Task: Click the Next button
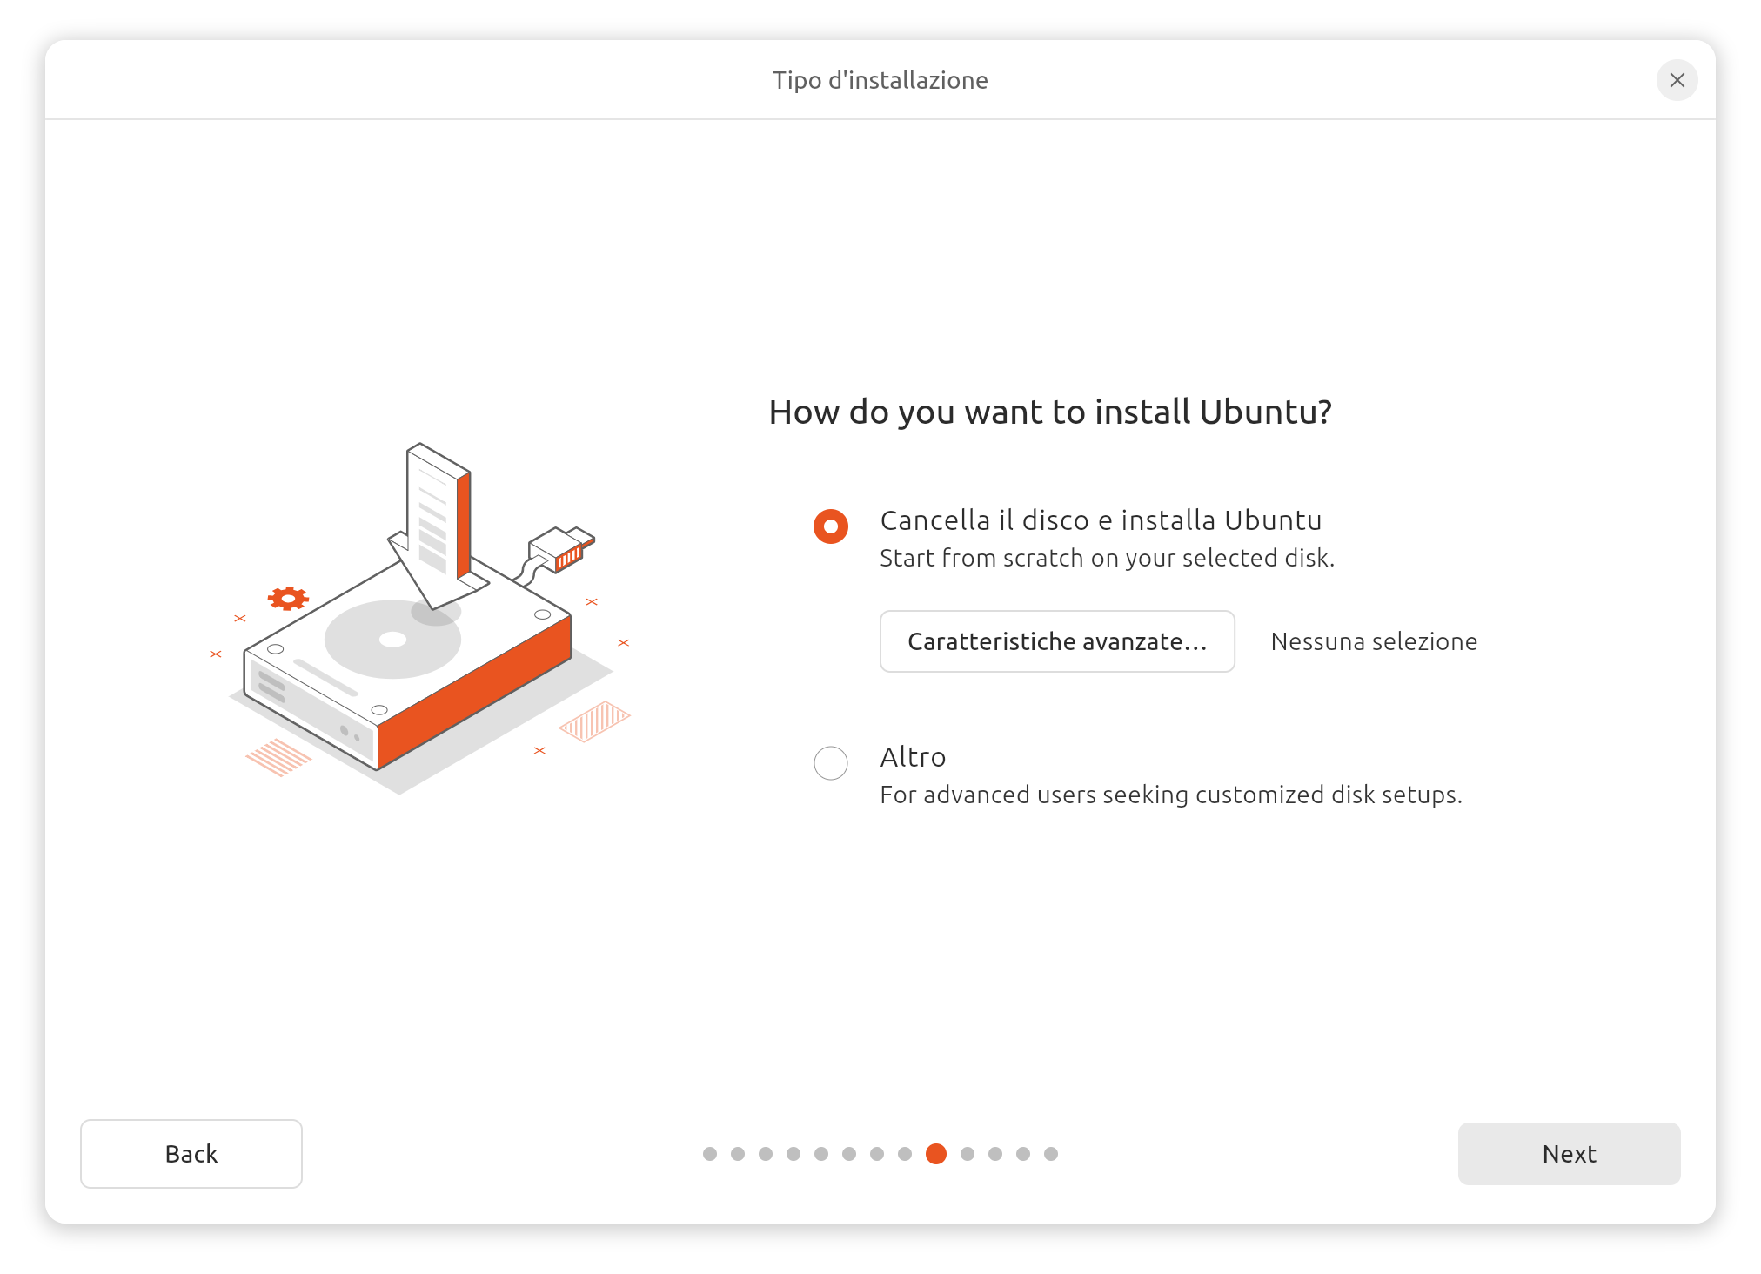click(1569, 1153)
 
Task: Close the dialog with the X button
click(1677, 80)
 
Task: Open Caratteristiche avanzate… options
click(1057, 641)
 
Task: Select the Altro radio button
click(831, 763)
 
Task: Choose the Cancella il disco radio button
click(831, 526)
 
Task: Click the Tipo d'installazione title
click(880, 80)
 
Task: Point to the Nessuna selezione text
click(1374, 641)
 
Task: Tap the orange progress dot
click(936, 1154)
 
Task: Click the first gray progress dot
click(710, 1154)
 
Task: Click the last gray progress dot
click(1051, 1154)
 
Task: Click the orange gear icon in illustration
click(288, 599)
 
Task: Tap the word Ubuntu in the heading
click(1266, 412)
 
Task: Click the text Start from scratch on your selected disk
click(1107, 558)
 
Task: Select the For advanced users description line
click(1171, 795)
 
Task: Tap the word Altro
click(913, 757)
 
